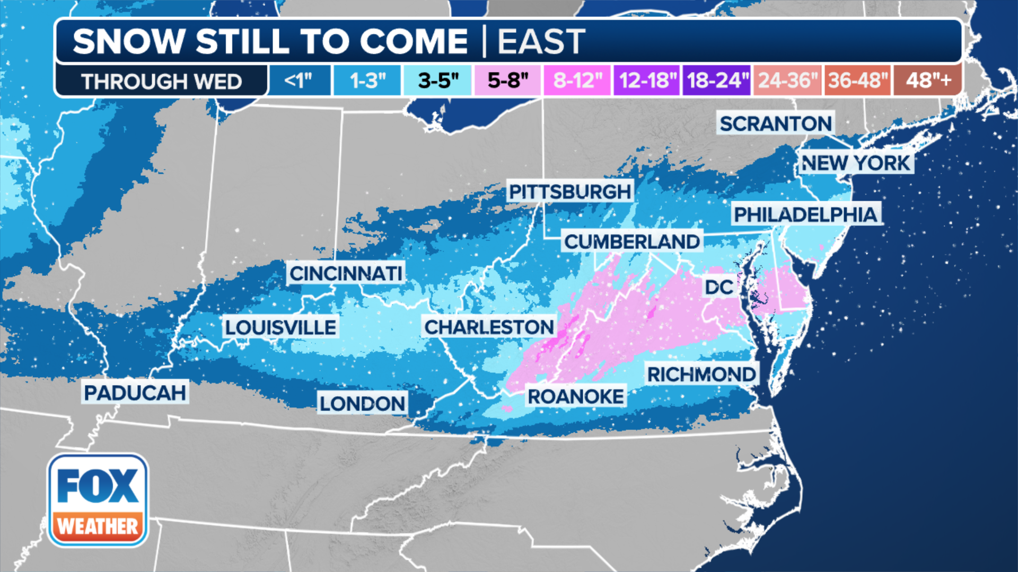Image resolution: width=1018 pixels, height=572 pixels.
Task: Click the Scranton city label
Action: point(775,123)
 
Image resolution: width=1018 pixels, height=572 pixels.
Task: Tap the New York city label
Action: point(855,163)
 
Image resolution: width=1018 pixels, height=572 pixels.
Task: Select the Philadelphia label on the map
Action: point(805,215)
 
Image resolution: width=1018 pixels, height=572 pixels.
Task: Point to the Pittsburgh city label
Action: point(570,191)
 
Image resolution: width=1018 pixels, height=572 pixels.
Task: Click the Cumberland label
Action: point(632,242)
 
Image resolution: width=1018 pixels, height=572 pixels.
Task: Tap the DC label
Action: point(719,287)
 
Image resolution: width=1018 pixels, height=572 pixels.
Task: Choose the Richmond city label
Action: point(701,374)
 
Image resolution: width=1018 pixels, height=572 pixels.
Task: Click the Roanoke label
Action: point(576,396)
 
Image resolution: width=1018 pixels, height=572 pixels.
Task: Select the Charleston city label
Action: point(489,327)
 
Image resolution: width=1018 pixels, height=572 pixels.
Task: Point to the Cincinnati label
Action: point(346,273)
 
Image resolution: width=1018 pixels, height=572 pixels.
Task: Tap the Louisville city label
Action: point(280,327)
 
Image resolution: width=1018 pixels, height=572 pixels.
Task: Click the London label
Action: point(362,404)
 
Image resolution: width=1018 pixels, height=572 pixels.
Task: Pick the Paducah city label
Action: point(135,392)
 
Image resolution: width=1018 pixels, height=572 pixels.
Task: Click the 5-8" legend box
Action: point(507,81)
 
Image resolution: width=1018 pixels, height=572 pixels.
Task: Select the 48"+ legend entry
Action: point(928,81)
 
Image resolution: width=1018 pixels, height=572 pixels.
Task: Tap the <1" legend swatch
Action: point(299,81)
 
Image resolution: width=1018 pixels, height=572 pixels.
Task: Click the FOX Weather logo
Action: point(98,501)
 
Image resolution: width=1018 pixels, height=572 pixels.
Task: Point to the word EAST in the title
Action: point(541,41)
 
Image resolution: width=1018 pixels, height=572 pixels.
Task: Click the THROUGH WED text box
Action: point(161,81)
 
